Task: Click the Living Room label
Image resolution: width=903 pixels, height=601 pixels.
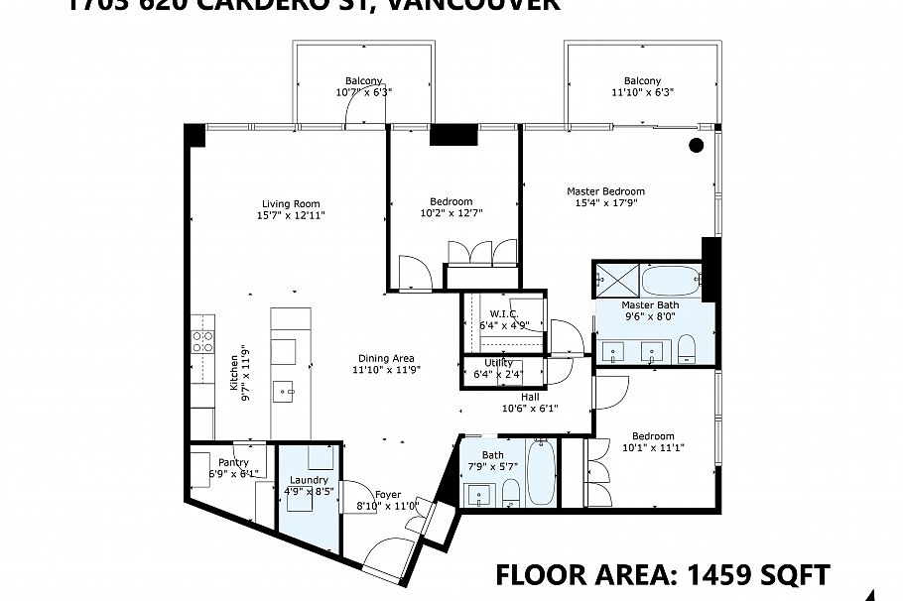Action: [x=291, y=203]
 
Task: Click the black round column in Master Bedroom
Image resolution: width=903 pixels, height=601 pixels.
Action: [x=696, y=146]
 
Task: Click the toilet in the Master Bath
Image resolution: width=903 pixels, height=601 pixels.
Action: [x=686, y=347]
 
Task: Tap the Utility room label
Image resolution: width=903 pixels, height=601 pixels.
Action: [x=498, y=363]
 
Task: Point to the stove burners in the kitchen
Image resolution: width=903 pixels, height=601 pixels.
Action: [x=202, y=342]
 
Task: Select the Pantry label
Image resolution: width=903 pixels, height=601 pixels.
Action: [x=234, y=462]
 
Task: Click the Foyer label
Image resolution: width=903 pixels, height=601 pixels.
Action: [x=388, y=495]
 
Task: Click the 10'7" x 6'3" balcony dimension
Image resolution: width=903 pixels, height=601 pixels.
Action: [x=363, y=91]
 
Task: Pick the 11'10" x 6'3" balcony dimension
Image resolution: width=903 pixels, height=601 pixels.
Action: [x=642, y=91]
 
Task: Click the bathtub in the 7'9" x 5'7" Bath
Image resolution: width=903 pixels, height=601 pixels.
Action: [x=541, y=473]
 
